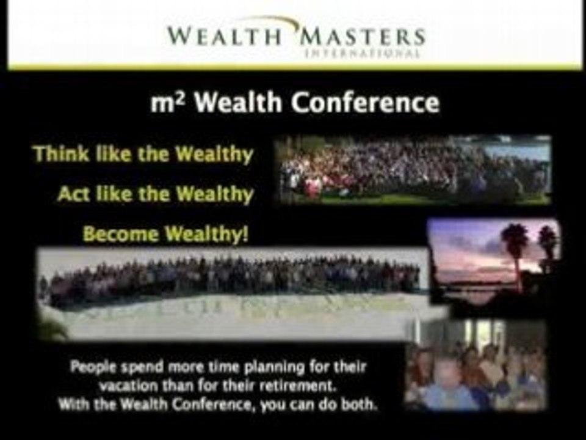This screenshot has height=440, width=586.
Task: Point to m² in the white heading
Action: point(166,103)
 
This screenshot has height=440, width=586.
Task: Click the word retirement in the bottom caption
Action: point(311,386)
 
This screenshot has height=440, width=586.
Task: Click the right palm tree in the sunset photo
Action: point(548,241)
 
